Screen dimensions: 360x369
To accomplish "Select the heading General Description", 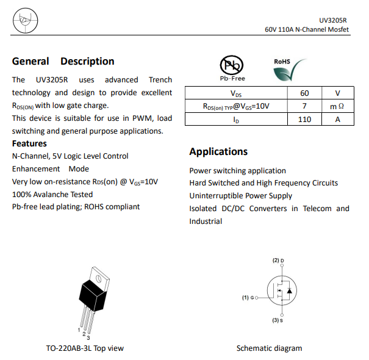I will pyautogui.click(x=63, y=62).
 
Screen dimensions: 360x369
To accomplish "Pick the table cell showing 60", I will pyautogui.click(x=304, y=93).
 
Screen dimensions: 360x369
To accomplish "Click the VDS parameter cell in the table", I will pyautogui.click(x=236, y=93).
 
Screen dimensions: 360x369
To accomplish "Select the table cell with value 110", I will pyautogui.click(x=304, y=119).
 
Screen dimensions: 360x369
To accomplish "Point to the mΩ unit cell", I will pyautogui.click(x=337, y=106).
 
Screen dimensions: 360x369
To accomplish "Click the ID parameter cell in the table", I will pyautogui.click(x=236, y=119).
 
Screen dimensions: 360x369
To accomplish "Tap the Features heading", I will pyautogui.click(x=29, y=143).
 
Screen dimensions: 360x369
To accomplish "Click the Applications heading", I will pyautogui.click(x=218, y=151).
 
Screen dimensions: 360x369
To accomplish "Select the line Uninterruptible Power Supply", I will pyautogui.click(x=240, y=196).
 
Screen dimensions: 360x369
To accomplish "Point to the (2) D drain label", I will pyautogui.click(x=278, y=261).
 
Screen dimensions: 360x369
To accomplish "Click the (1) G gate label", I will pyautogui.click(x=248, y=297).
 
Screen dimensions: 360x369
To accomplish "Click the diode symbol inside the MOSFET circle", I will pyautogui.click(x=288, y=291).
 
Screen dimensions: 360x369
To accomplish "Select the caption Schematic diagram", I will pyautogui.click(x=269, y=348).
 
